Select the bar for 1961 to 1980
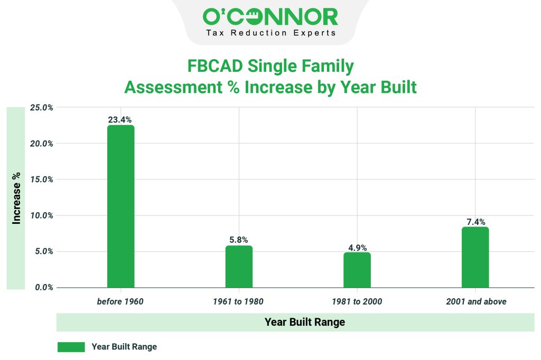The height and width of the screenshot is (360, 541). pos(239,267)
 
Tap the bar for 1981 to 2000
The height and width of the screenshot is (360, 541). pos(357,270)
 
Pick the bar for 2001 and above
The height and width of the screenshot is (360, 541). pos(475,257)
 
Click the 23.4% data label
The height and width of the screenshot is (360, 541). pos(120,120)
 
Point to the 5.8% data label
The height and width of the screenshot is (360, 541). pos(239,240)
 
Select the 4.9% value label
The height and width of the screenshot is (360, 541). pos(357,247)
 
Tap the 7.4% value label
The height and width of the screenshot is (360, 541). pos(475,222)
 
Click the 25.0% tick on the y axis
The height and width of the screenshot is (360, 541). pos(41,108)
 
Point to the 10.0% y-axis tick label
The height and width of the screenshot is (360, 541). pos(41,215)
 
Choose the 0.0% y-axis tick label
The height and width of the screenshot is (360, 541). pos(43,288)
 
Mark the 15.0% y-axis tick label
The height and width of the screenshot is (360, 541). pos(41,179)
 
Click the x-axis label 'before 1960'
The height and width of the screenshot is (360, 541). pos(120,302)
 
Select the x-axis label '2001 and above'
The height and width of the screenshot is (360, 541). pos(475,302)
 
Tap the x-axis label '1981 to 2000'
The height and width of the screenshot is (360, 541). pos(357,302)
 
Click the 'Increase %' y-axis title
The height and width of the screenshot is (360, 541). pos(16,198)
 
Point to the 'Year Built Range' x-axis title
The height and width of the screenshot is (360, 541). pos(305,322)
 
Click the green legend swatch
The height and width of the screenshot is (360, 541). pos(71,347)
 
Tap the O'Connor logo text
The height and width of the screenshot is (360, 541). pos(270,17)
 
